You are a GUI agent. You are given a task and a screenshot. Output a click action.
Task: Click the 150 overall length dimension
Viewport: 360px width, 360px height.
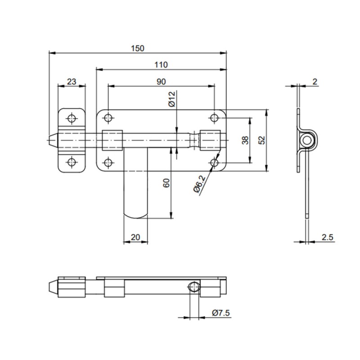(138, 49)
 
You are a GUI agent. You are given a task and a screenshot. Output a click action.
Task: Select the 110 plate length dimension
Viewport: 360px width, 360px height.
(161, 65)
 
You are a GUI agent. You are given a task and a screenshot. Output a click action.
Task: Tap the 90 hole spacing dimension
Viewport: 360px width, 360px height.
(161, 81)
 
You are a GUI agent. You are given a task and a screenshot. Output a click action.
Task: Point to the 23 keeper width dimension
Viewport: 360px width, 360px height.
(72, 81)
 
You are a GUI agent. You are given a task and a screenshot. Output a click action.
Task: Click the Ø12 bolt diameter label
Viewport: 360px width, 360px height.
(172, 99)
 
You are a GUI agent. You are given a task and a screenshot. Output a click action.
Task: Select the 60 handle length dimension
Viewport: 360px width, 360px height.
(166, 183)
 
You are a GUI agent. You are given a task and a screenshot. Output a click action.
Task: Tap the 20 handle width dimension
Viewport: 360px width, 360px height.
(135, 237)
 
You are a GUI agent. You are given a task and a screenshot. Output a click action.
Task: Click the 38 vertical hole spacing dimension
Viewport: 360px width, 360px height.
(245, 140)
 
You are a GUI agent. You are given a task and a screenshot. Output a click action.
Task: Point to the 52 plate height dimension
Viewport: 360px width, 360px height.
(262, 140)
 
